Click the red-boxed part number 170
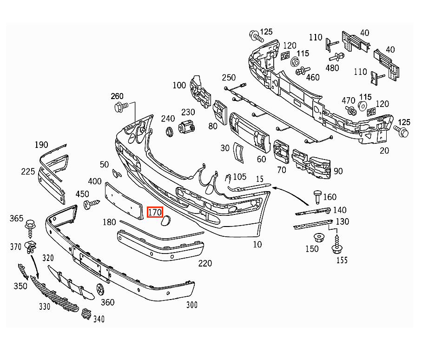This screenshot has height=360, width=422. coord(155,213)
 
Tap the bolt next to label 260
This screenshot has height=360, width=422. coord(121,107)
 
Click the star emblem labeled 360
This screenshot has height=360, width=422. coord(100,289)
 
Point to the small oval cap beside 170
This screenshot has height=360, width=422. coord(165,220)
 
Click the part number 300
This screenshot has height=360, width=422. coord(192,305)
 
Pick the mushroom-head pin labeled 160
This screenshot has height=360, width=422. coord(317,197)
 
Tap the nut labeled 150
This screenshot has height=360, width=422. coord(319,238)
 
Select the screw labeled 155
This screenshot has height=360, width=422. coord(336,245)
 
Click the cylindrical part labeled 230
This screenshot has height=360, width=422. coord(186,127)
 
